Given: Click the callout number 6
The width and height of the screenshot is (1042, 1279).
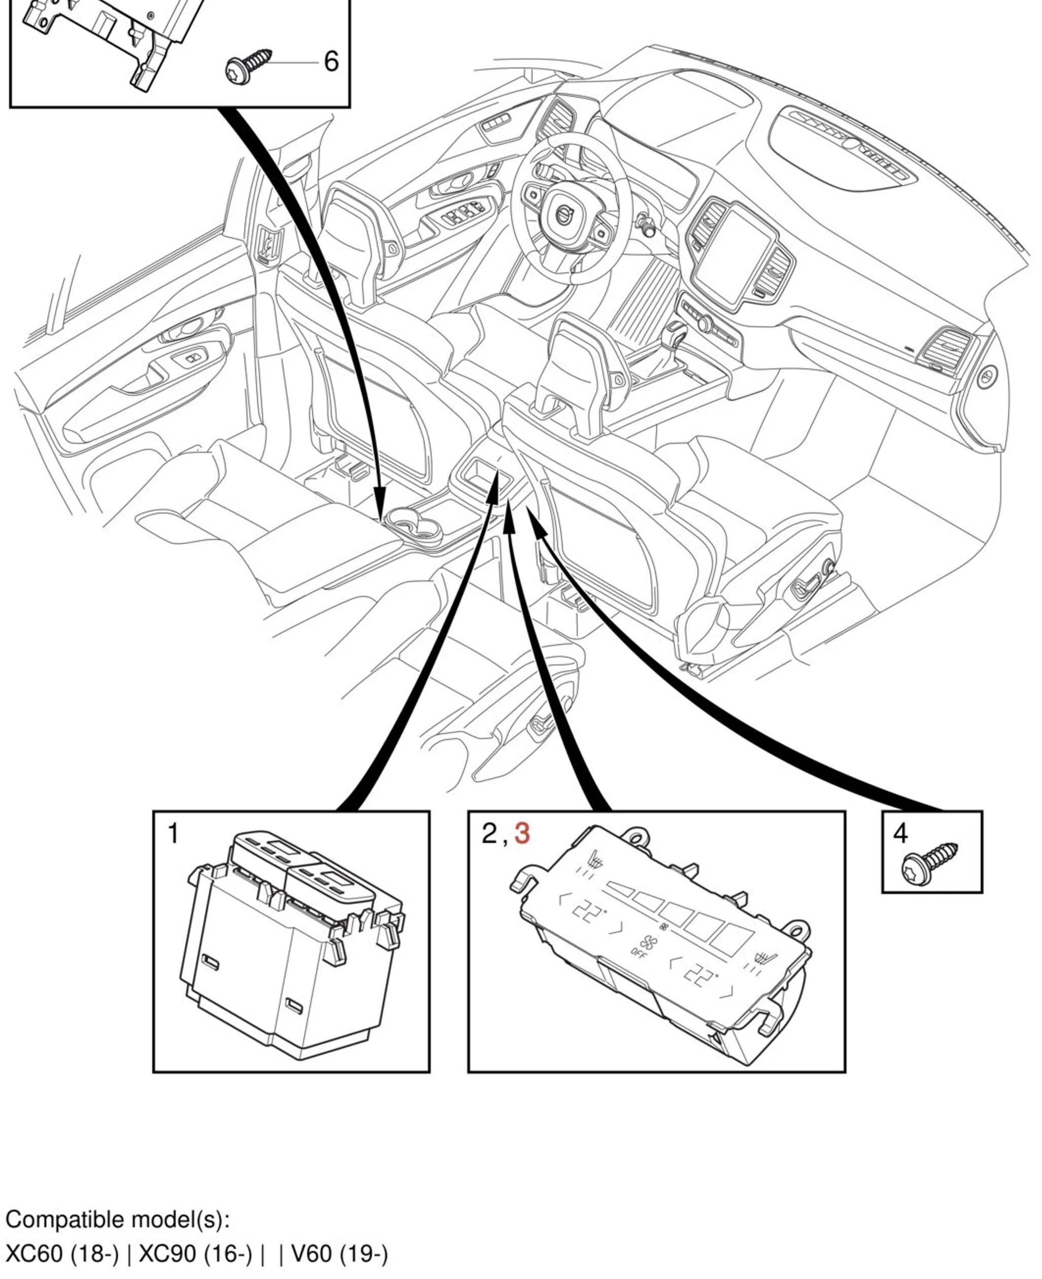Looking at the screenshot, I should coord(331,61).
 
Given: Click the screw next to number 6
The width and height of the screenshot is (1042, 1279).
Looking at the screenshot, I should coord(247,66).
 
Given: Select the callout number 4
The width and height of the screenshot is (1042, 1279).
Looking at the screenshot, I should coord(900,834).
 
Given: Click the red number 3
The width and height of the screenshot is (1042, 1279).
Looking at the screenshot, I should coord(522,834).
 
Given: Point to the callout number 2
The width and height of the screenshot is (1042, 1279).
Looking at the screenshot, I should coord(489,834).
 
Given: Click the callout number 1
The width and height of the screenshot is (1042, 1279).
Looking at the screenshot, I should coord(173,834).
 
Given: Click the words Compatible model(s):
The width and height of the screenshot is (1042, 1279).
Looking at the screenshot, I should coord(118,1220).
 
